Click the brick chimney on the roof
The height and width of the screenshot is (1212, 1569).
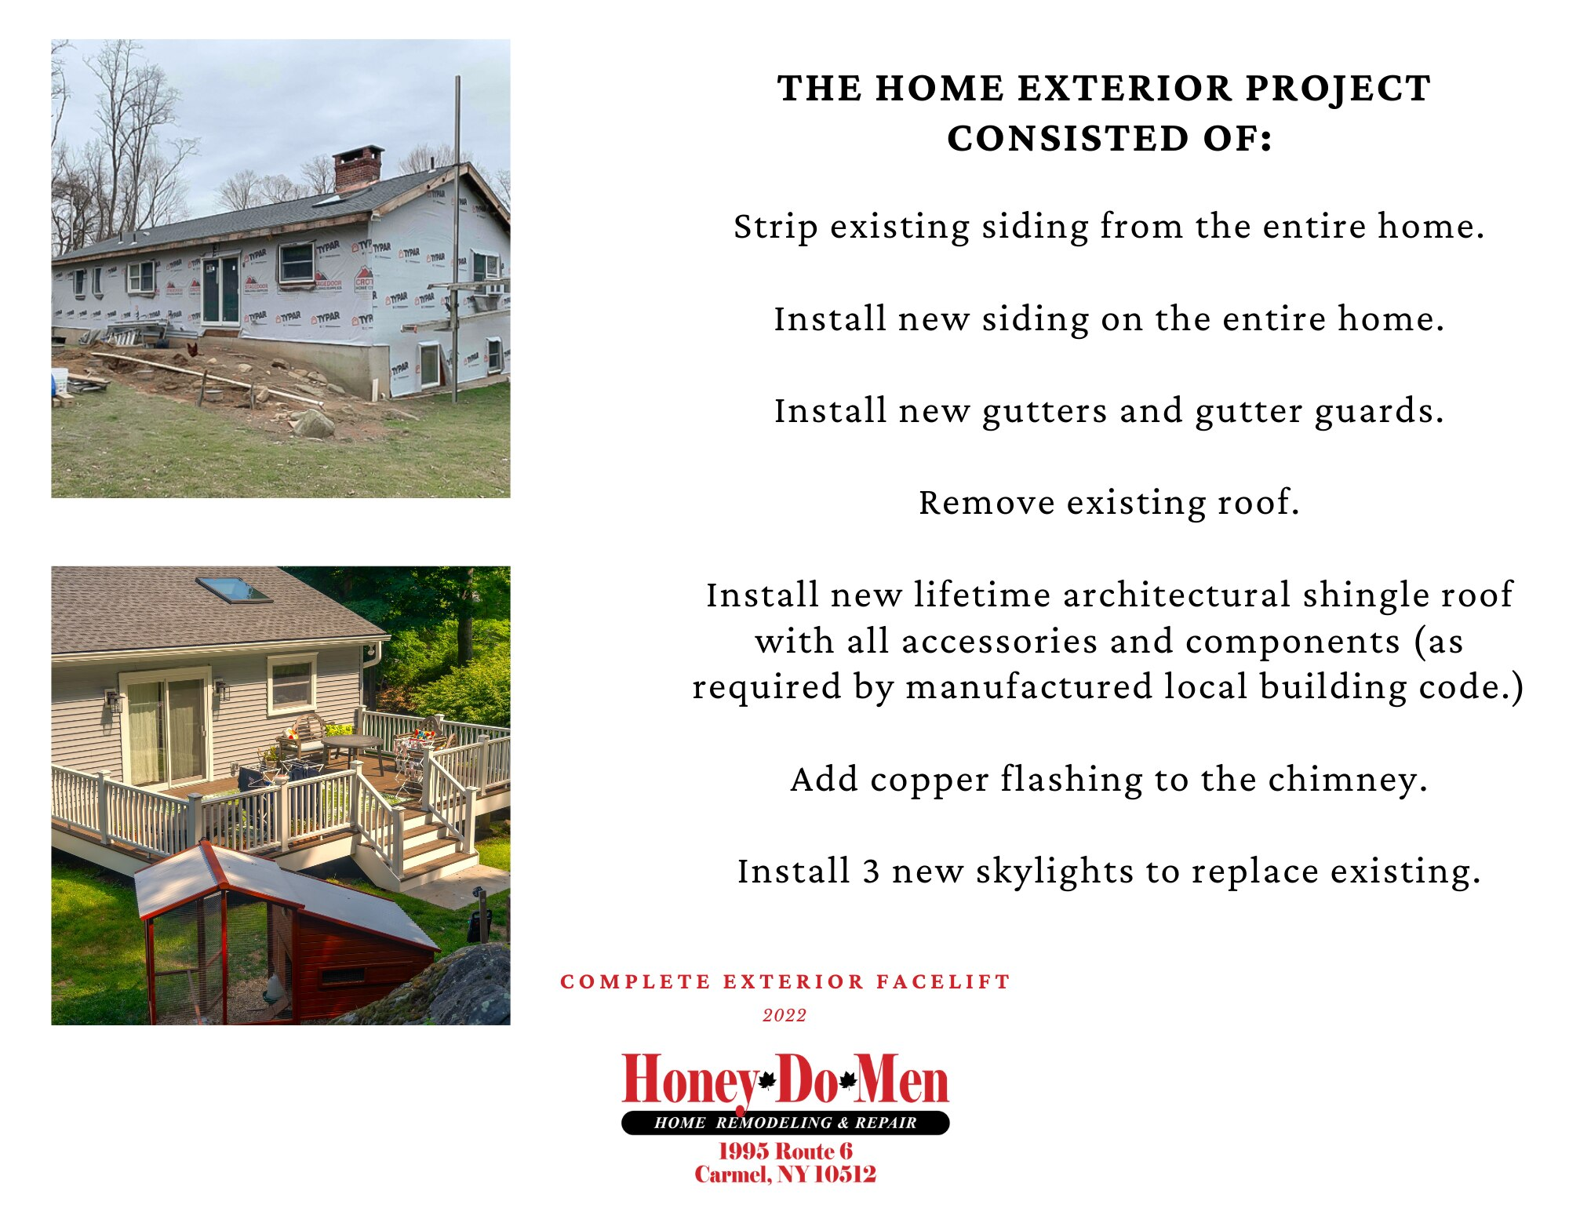point(358,168)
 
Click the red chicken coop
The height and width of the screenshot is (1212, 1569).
point(284,934)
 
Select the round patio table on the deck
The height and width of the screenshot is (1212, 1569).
point(352,744)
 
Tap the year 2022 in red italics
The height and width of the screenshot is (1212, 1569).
point(784,1015)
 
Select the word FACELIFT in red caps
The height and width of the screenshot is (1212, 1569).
point(942,981)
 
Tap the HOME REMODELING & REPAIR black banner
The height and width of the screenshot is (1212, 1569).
point(785,1123)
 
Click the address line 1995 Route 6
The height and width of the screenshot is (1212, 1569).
point(785,1151)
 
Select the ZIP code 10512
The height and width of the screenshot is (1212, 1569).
point(845,1174)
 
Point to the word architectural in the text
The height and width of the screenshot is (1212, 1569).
point(1177,595)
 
